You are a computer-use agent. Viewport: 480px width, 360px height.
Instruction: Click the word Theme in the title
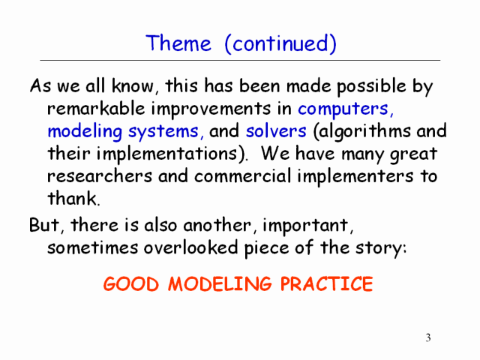[178, 43]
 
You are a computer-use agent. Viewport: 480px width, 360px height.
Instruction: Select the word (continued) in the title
[280, 44]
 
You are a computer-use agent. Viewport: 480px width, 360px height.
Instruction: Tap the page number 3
[428, 337]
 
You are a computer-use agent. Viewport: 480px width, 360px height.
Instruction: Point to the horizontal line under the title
[240, 60]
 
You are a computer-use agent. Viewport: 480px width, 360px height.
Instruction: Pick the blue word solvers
[276, 131]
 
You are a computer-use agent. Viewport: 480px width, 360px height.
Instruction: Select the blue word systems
[163, 132]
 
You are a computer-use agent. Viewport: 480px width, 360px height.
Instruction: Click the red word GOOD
[131, 283]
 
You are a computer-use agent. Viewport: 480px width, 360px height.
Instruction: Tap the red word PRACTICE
[327, 283]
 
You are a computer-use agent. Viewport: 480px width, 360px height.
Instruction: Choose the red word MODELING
[220, 283]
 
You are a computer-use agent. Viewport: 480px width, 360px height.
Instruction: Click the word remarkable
[96, 108]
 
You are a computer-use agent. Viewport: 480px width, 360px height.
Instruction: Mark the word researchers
[100, 176]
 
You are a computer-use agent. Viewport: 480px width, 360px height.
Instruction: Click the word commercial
[243, 176]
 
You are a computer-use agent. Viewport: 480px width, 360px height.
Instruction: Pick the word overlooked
[190, 247]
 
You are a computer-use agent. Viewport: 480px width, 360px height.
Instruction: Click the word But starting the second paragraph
[43, 225]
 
